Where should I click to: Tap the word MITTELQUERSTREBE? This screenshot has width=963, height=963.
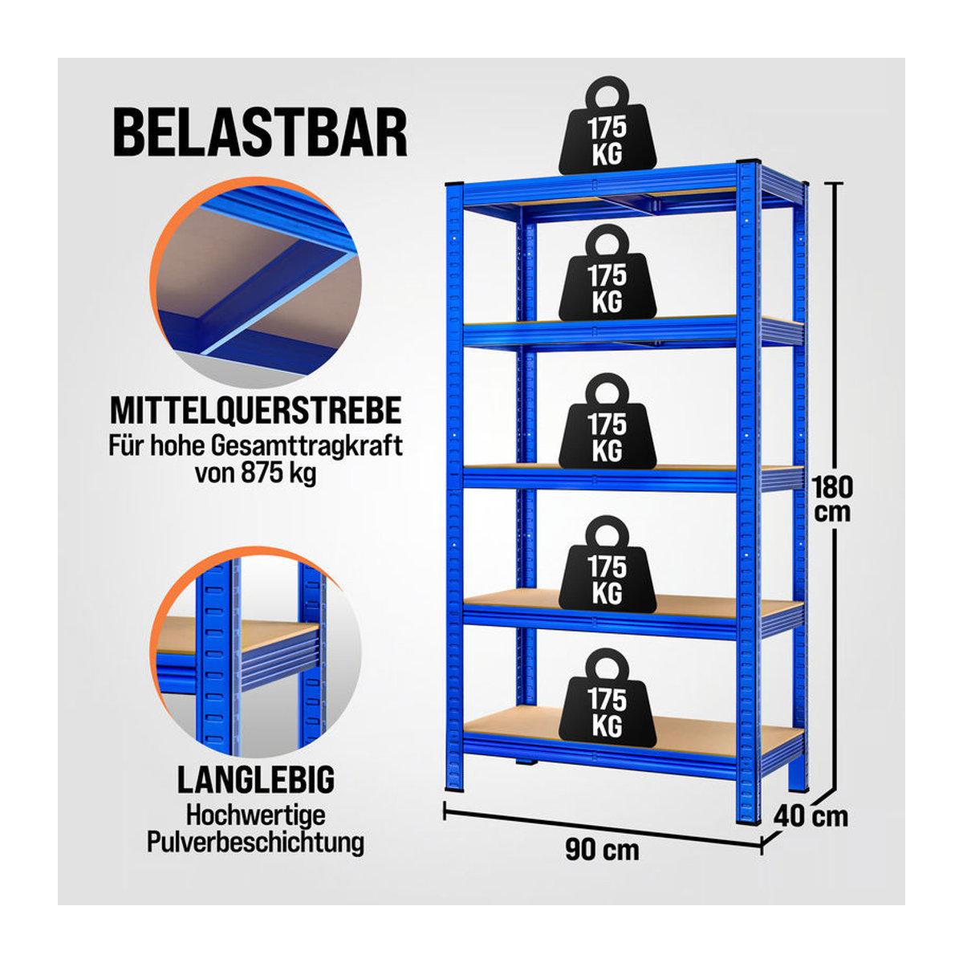[x=255, y=411]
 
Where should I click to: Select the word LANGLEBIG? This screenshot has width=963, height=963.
[x=255, y=779]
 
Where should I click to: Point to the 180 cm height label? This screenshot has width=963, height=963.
[x=832, y=500]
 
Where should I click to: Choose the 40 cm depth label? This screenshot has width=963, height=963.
[x=811, y=816]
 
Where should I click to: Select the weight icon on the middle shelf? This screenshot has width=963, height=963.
[x=607, y=421]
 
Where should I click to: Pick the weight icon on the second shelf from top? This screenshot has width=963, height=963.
[x=607, y=272]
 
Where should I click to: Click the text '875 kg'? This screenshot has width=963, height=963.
[x=278, y=473]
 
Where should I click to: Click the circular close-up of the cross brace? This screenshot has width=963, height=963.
[x=255, y=282]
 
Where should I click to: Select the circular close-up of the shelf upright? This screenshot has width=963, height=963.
[x=255, y=652]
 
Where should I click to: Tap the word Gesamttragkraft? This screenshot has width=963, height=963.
[x=307, y=446]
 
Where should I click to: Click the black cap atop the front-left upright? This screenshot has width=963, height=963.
[x=454, y=184]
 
